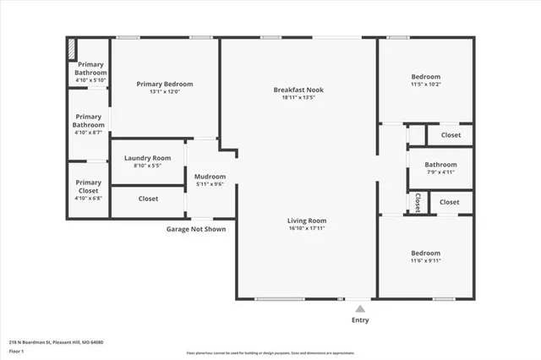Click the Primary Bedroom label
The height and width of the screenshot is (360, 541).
coord(165,84)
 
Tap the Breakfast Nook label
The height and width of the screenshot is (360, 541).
coord(298,90)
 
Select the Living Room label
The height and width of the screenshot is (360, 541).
coord(306,220)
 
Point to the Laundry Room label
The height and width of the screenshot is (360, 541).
coord(147,158)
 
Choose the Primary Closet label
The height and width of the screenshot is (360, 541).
coord(88,187)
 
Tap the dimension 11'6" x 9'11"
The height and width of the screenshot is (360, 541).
coord(425,260)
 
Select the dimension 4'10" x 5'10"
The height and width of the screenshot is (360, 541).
coord(91,81)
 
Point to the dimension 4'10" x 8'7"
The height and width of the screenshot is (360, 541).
coord(88,133)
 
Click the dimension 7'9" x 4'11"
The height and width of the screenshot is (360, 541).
coord(440,172)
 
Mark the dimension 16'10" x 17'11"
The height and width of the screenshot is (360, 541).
coord(306,227)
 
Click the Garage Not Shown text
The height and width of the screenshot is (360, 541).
coord(195,228)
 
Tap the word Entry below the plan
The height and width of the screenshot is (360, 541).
coord(360,320)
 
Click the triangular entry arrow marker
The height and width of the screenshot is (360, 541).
coord(360,308)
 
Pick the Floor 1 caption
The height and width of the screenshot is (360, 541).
coord(16,350)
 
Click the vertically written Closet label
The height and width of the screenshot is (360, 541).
coord(418,202)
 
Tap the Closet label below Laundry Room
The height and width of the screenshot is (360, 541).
coord(148,199)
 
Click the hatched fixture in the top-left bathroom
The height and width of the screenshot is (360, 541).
coord(72,48)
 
